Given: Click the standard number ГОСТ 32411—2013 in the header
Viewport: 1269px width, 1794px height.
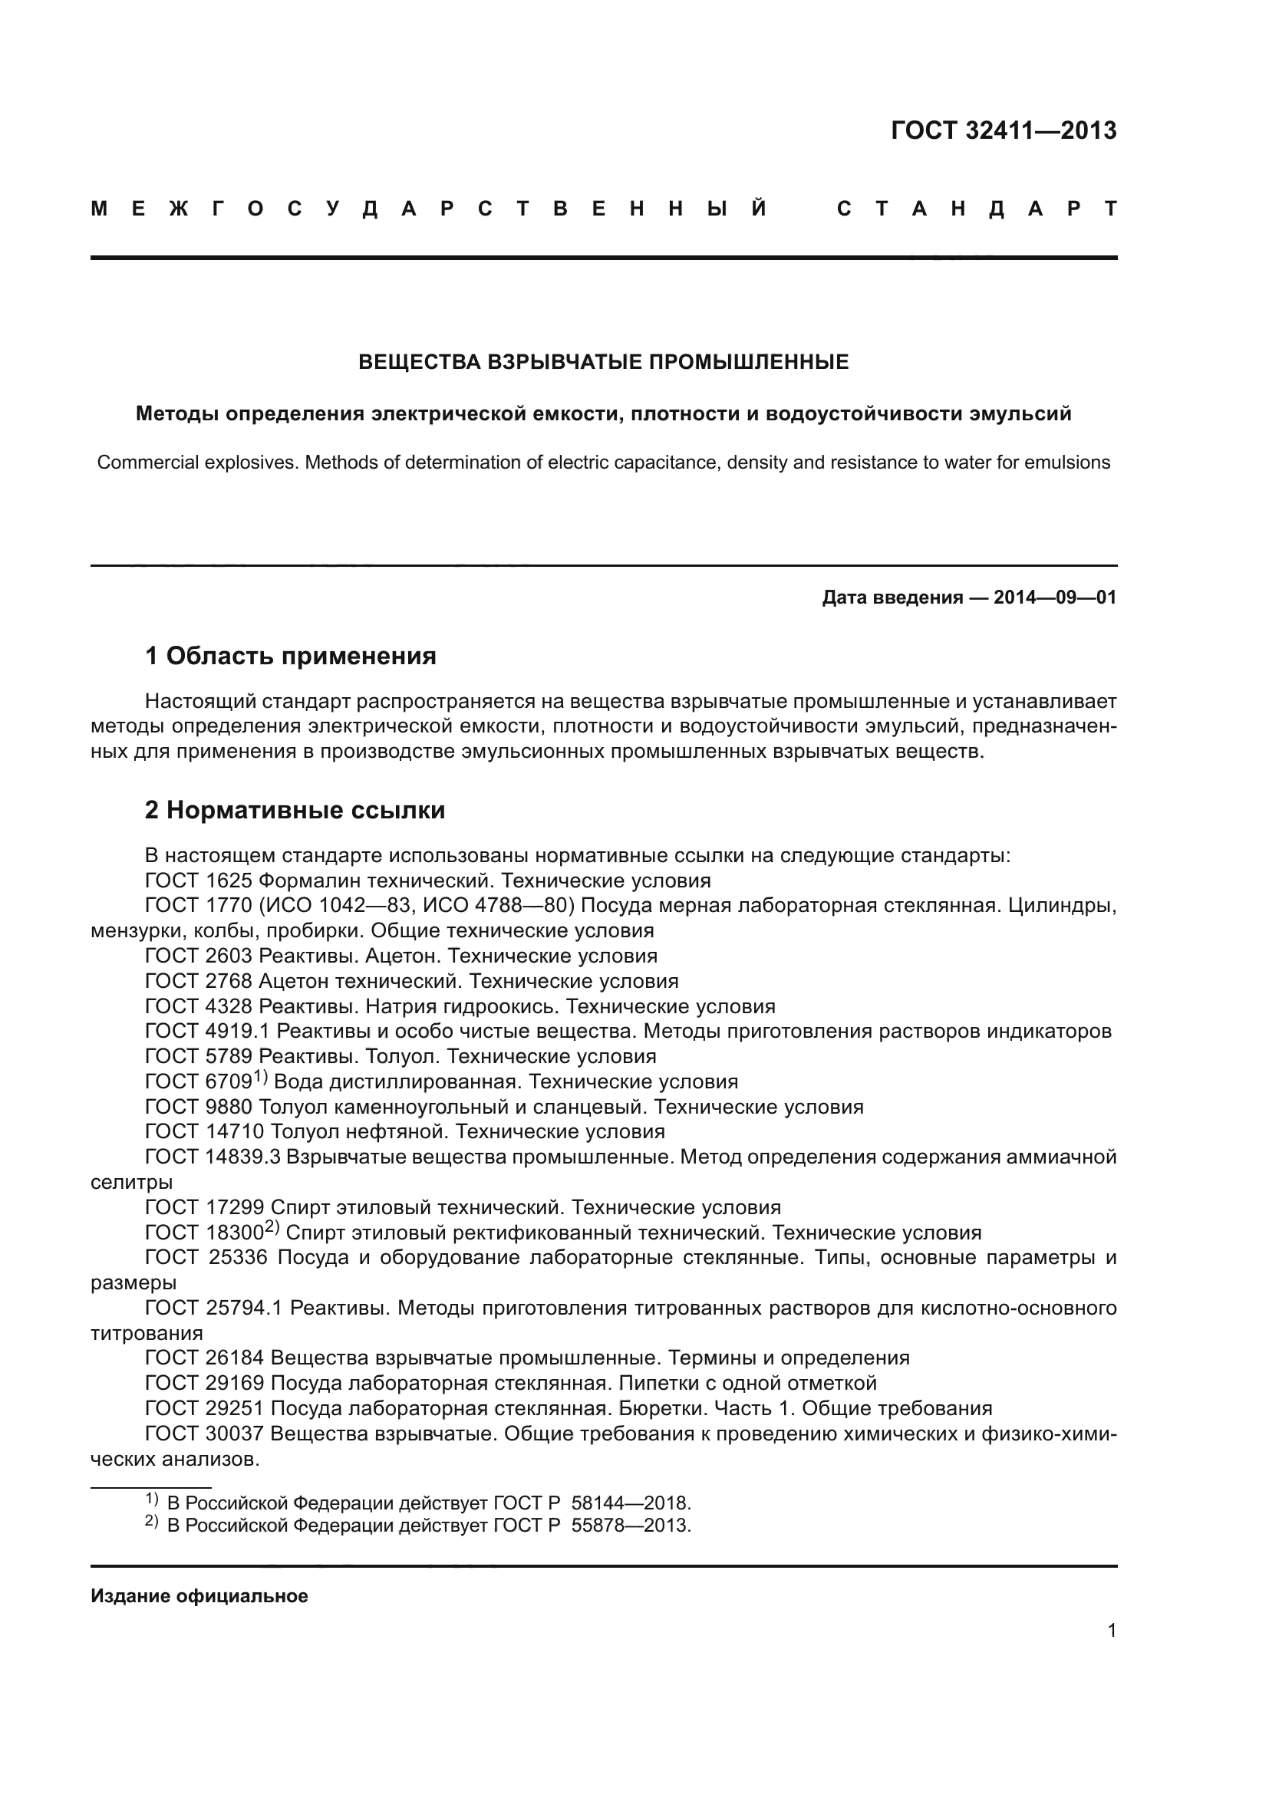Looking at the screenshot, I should [1004, 130].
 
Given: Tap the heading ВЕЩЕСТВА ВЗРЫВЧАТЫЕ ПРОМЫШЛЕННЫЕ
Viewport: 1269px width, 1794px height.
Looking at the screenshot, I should [603, 362].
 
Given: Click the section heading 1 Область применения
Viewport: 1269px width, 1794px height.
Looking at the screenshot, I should [291, 656].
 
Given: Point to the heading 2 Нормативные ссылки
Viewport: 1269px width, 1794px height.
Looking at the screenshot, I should [295, 810].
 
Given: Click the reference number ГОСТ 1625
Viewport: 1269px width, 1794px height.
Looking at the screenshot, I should [199, 881].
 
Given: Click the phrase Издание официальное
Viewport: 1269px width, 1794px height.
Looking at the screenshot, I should [199, 1596].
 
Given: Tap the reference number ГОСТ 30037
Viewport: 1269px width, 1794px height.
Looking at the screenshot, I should [205, 1434].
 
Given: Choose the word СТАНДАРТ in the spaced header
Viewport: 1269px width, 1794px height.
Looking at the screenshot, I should [977, 209].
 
